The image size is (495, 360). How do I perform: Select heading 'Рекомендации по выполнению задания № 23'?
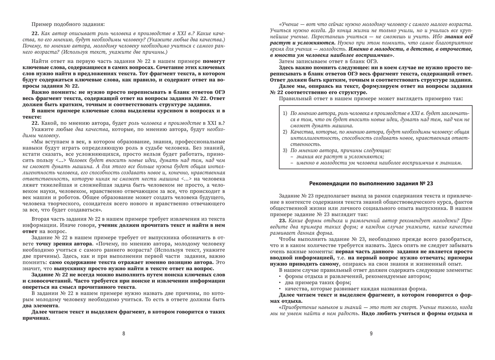pos(371,184)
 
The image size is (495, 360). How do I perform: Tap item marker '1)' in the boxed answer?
pos(285,113)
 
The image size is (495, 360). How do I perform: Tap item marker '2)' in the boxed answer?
pos(285,132)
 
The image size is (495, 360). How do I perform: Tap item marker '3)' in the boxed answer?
pos(285,150)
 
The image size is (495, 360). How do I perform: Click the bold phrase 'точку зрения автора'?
pos(64,244)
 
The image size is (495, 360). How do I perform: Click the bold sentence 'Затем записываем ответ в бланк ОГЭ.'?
pos(328,61)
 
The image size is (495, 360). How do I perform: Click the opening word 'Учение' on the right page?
pos(288,24)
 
